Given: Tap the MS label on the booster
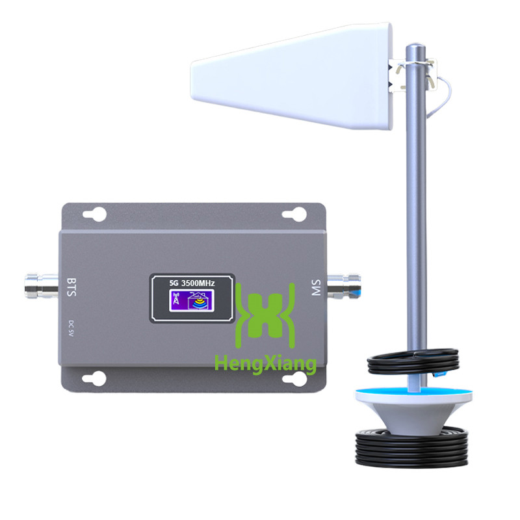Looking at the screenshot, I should click(x=317, y=289).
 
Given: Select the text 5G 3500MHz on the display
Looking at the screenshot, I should click(x=192, y=282).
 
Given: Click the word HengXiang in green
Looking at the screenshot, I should click(x=265, y=362).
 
